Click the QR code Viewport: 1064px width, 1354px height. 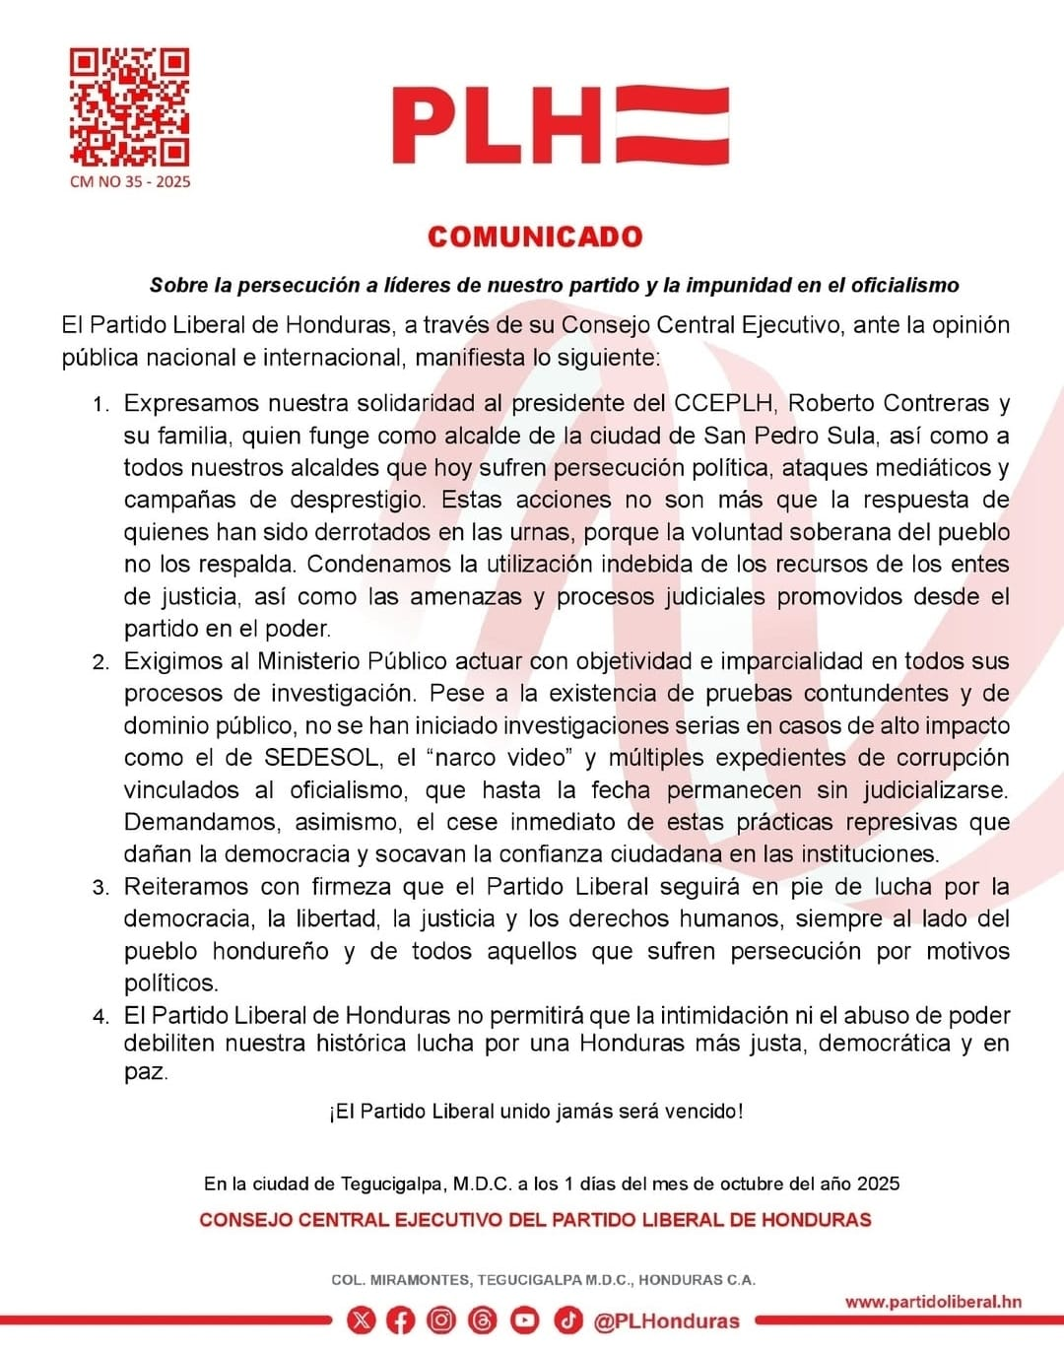[129, 106]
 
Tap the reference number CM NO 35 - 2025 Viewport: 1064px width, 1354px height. [130, 182]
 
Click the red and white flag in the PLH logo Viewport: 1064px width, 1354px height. [673, 125]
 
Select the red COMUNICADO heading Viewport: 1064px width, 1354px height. [535, 237]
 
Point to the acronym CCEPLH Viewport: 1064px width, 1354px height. [723, 403]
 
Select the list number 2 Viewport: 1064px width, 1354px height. [100, 662]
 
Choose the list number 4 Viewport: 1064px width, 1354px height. [100, 1017]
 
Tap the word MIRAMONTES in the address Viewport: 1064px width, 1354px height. [421, 1280]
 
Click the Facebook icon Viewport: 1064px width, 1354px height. [400, 1320]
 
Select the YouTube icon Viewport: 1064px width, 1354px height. [524, 1320]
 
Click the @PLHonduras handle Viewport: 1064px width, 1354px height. [666, 1321]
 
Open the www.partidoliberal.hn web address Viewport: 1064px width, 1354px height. [933, 1302]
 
